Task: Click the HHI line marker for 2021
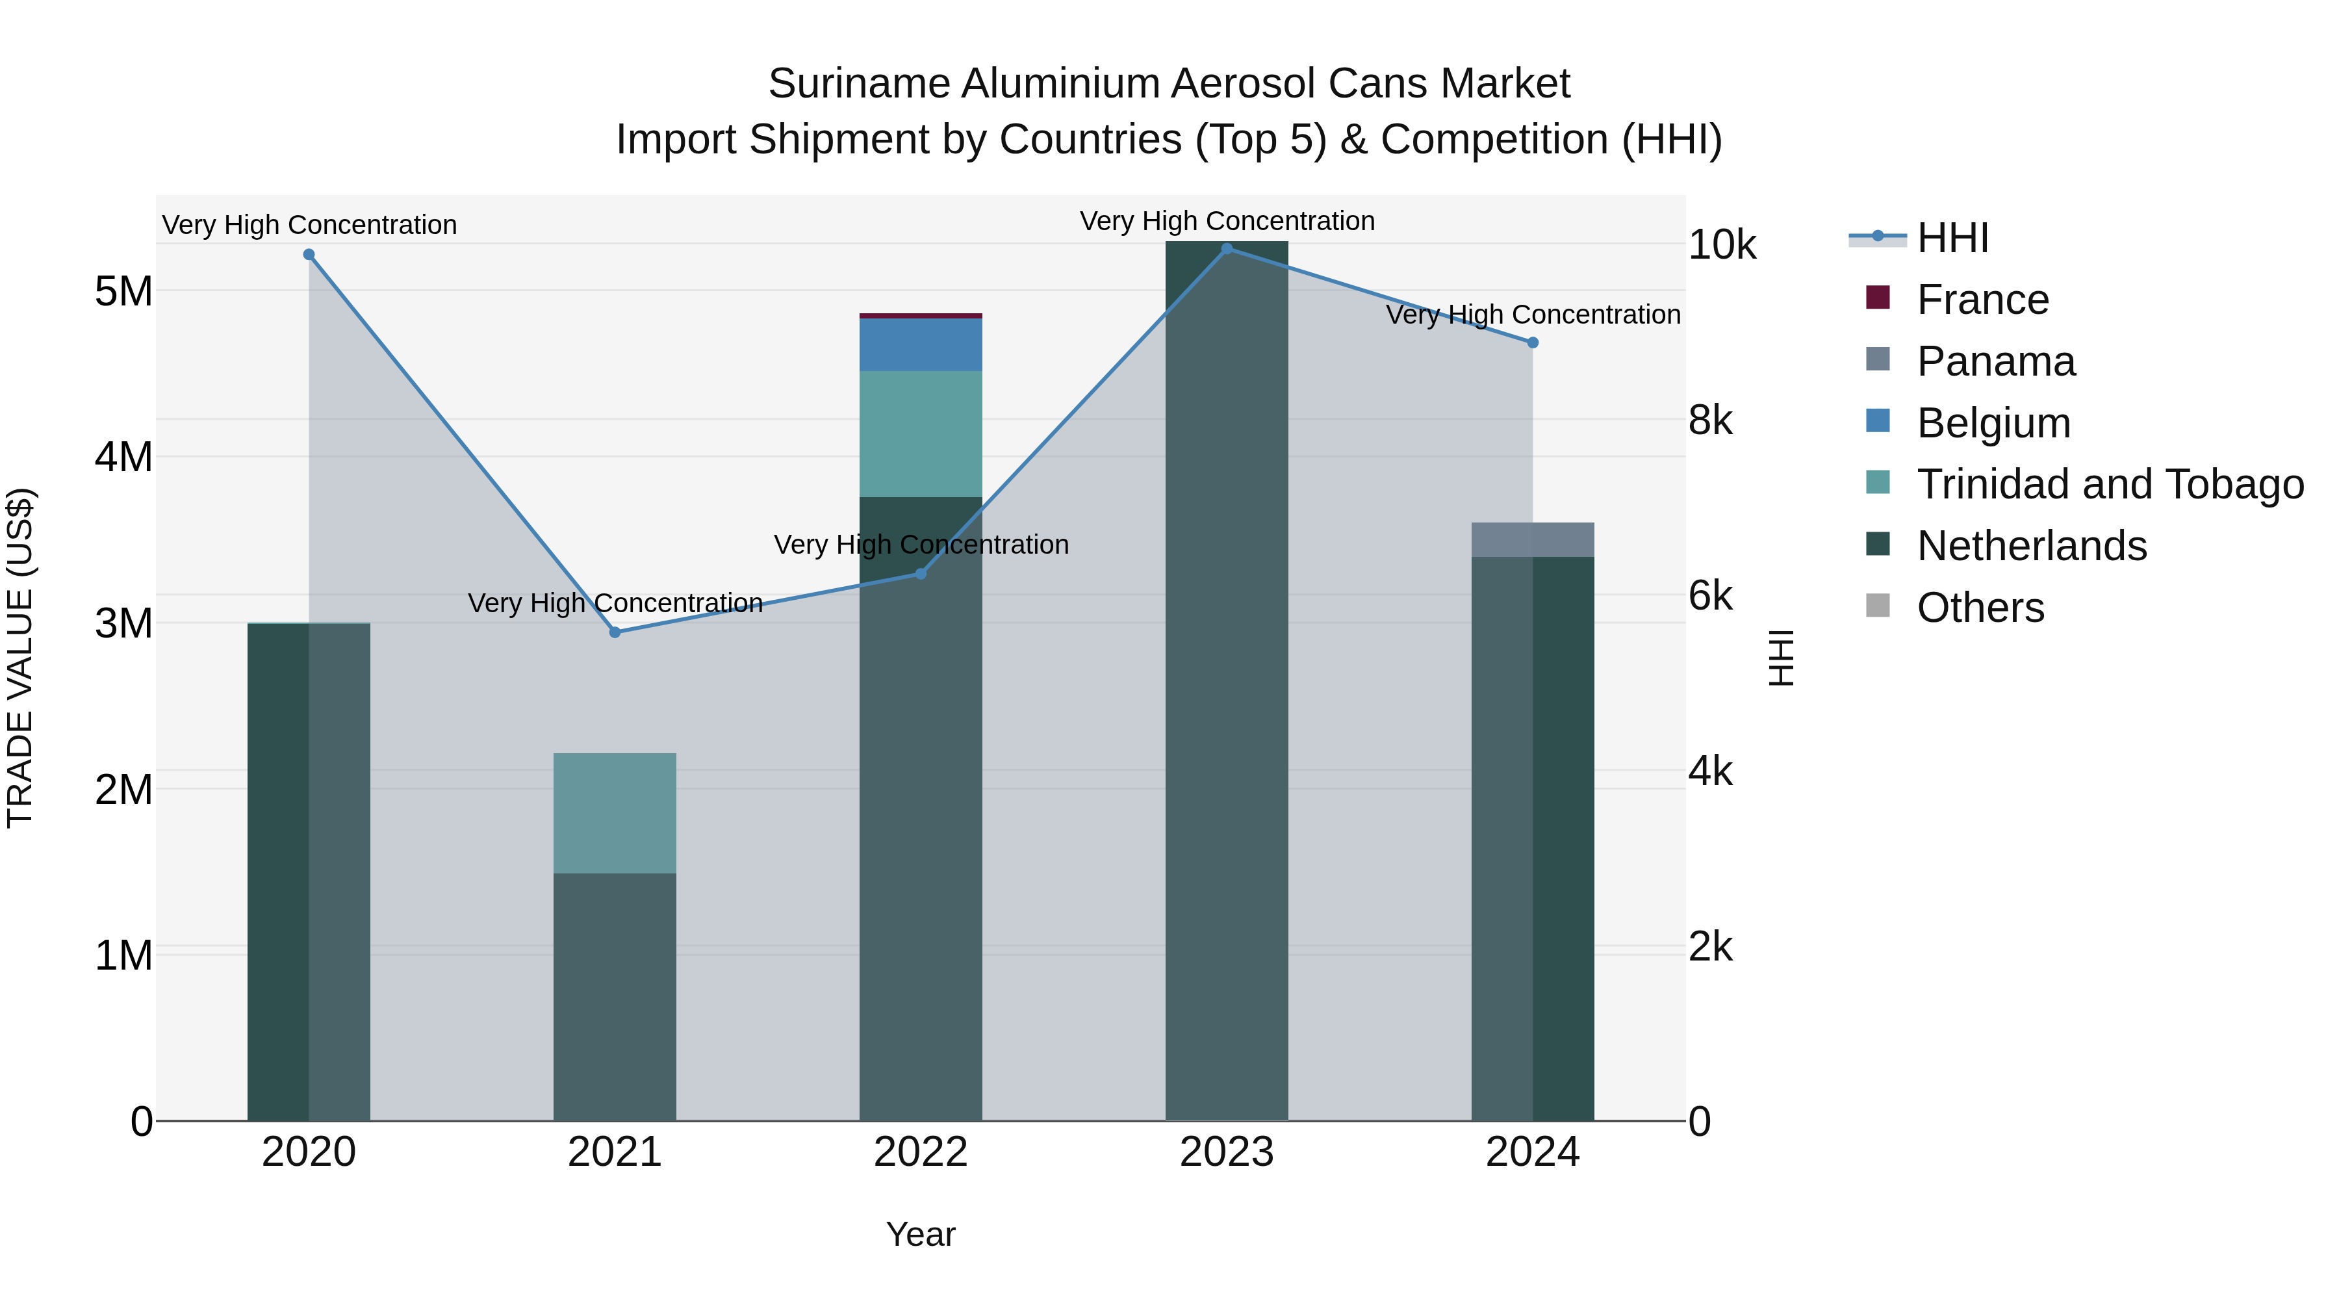click(615, 632)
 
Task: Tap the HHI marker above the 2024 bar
click(1533, 342)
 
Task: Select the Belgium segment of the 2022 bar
click(921, 344)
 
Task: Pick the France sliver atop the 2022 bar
click(921, 316)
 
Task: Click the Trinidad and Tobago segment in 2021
click(615, 813)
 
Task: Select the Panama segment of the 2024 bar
click(1533, 539)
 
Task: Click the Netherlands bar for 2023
click(1227, 681)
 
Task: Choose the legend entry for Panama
click(1995, 361)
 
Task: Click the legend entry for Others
click(1980, 608)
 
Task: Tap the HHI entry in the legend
click(1952, 238)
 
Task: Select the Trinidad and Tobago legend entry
click(2109, 484)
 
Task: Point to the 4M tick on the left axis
click(123, 457)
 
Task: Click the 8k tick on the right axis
click(1711, 420)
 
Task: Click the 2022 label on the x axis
click(921, 1152)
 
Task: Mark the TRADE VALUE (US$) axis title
click(20, 658)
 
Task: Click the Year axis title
click(921, 1234)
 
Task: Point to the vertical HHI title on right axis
click(1782, 658)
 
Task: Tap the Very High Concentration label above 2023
click(1227, 221)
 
